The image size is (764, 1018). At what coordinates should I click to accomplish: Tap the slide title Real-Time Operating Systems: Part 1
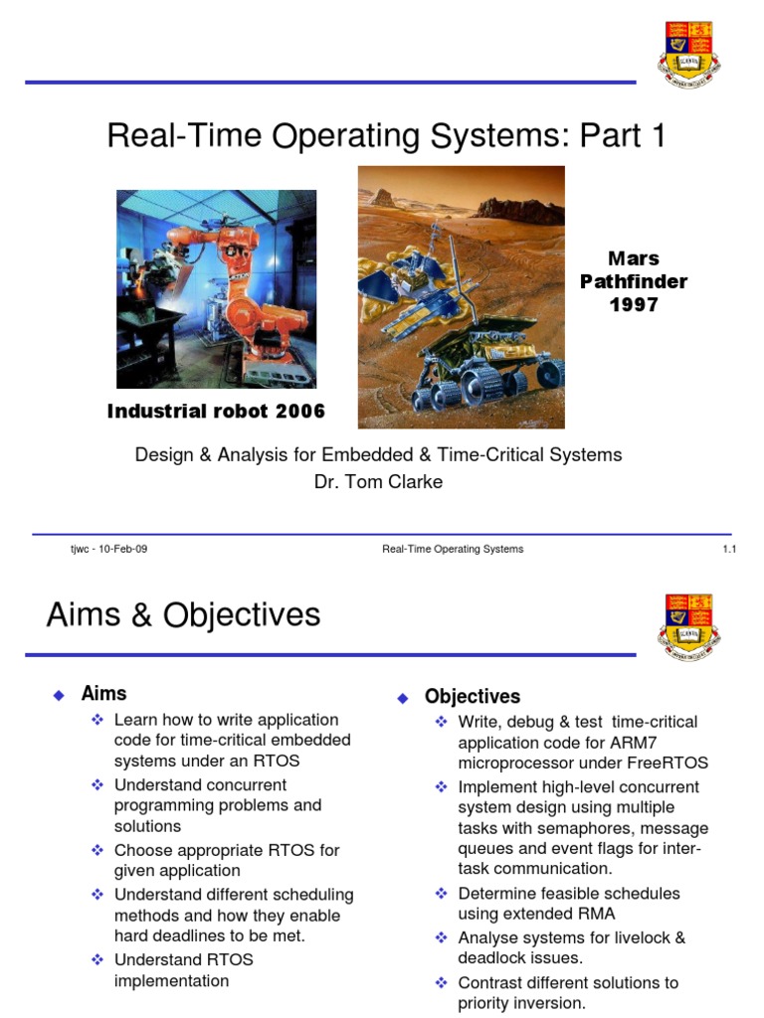tap(385, 135)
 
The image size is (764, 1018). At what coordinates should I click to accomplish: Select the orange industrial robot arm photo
tap(217, 288)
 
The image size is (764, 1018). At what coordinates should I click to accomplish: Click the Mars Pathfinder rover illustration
tap(461, 296)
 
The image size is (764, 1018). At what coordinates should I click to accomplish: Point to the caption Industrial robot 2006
tap(216, 412)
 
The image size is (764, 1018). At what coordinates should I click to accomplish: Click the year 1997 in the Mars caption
tap(634, 305)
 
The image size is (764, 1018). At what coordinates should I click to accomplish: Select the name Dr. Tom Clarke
tap(377, 482)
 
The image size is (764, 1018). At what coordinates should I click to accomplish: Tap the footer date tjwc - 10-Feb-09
tap(102, 549)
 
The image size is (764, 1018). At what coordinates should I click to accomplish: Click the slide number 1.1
tap(728, 549)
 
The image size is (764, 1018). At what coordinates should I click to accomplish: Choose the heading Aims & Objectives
tap(183, 615)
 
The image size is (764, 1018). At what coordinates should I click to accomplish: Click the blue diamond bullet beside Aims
tap(58, 695)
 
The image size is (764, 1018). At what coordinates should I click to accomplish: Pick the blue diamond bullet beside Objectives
tap(402, 698)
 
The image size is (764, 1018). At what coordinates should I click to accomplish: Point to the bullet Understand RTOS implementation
tap(183, 970)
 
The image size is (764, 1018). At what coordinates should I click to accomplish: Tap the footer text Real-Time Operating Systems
tap(453, 549)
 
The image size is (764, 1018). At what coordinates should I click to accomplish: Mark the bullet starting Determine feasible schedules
tap(568, 903)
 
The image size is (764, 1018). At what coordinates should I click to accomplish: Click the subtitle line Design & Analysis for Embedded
tap(378, 454)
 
